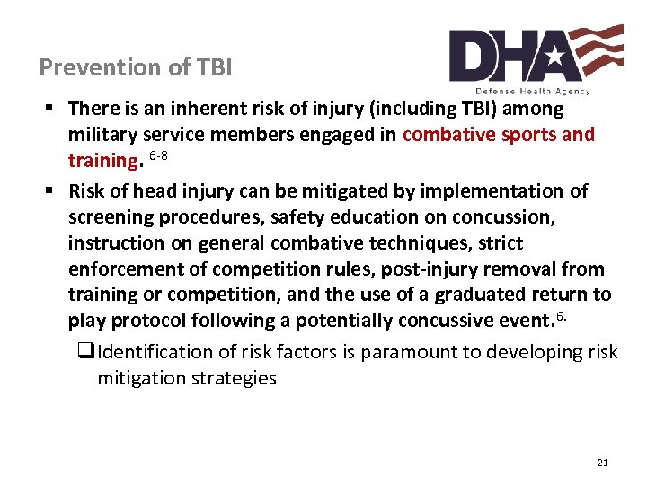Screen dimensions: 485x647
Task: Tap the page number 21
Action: (602, 463)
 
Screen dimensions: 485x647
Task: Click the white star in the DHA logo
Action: (553, 57)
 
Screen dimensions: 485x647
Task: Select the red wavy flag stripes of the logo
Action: (598, 46)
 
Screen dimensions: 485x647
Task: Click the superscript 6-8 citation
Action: (159, 156)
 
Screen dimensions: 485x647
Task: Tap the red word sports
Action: (500, 135)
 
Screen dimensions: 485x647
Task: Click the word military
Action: (100, 135)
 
